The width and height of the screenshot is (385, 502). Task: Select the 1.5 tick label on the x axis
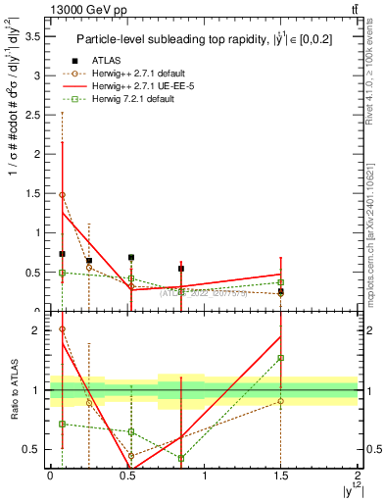pyautogui.click(x=280, y=476)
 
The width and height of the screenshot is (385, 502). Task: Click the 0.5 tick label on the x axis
pyautogui.click(x=126, y=476)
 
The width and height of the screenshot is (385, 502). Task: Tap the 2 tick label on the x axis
pyautogui.click(x=358, y=476)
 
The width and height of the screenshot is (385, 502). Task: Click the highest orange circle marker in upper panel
pyautogui.click(x=63, y=195)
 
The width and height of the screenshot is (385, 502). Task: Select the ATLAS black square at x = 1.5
pyautogui.click(x=280, y=291)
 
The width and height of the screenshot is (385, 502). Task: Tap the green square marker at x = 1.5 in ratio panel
pyautogui.click(x=280, y=358)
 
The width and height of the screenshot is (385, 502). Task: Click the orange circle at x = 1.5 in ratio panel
pyautogui.click(x=280, y=401)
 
